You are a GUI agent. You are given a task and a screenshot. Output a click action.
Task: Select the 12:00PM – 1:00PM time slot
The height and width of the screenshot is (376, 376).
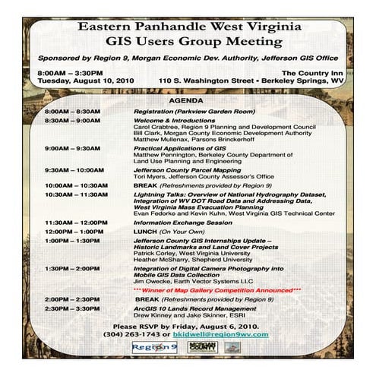(74, 231)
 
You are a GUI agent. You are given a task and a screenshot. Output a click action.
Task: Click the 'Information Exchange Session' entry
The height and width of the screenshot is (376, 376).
(182, 223)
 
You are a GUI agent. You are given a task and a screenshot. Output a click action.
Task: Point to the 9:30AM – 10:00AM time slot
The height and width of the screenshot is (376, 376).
(74, 170)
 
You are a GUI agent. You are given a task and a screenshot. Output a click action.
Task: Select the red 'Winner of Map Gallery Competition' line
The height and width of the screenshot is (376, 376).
(216, 289)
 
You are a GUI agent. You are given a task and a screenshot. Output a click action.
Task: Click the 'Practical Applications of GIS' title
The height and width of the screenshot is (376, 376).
(174, 148)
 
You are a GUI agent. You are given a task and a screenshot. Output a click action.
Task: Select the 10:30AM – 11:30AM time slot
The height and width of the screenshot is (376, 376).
(75, 194)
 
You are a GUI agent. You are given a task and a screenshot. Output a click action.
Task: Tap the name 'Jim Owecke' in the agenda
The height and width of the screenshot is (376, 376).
(153, 282)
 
